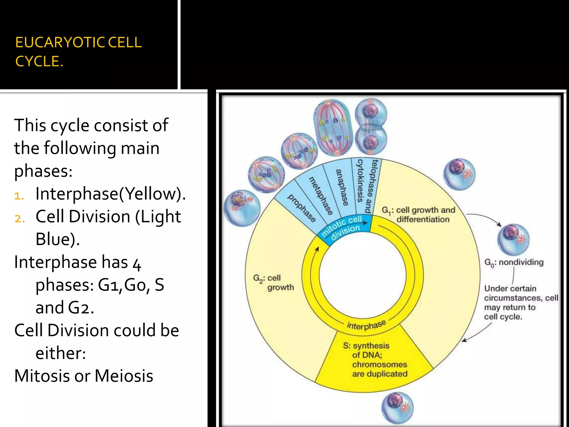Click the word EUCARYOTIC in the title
[59, 43]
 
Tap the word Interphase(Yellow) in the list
[111, 193]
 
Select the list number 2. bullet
[20, 219]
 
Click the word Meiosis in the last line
[124, 376]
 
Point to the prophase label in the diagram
[301, 208]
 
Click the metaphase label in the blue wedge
[321, 196]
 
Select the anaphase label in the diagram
[342, 187]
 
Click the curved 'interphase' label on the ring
[366, 325]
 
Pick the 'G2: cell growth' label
[273, 282]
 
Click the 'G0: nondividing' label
[514, 262]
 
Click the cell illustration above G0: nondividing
[513, 239]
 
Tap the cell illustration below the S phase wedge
[398, 408]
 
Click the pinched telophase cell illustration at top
[371, 126]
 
